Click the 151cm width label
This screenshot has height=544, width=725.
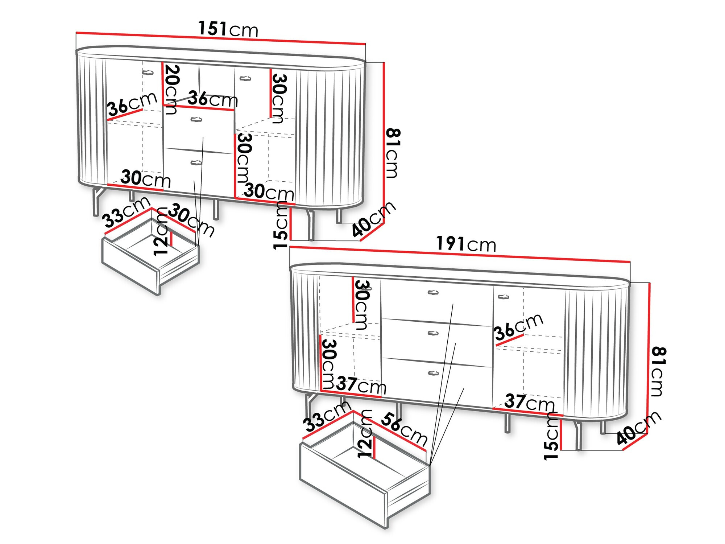click(x=228, y=29)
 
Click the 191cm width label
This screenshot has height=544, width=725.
click(x=465, y=244)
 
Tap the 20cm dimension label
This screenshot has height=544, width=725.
click(x=170, y=89)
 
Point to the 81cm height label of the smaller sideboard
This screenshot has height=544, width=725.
click(x=393, y=153)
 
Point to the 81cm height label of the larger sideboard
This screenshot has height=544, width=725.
click(x=658, y=371)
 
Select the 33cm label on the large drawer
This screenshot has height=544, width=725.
click(x=327, y=416)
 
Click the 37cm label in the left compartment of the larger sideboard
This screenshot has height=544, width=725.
click(x=361, y=385)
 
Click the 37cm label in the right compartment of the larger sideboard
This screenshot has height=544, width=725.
click(x=529, y=402)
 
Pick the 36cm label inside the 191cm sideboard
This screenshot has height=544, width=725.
click(x=519, y=327)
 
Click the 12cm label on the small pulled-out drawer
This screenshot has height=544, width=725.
click(x=161, y=232)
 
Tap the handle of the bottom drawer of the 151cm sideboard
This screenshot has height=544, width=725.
click(x=196, y=162)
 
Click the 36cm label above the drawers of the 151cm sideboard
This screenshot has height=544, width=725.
click(x=212, y=99)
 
